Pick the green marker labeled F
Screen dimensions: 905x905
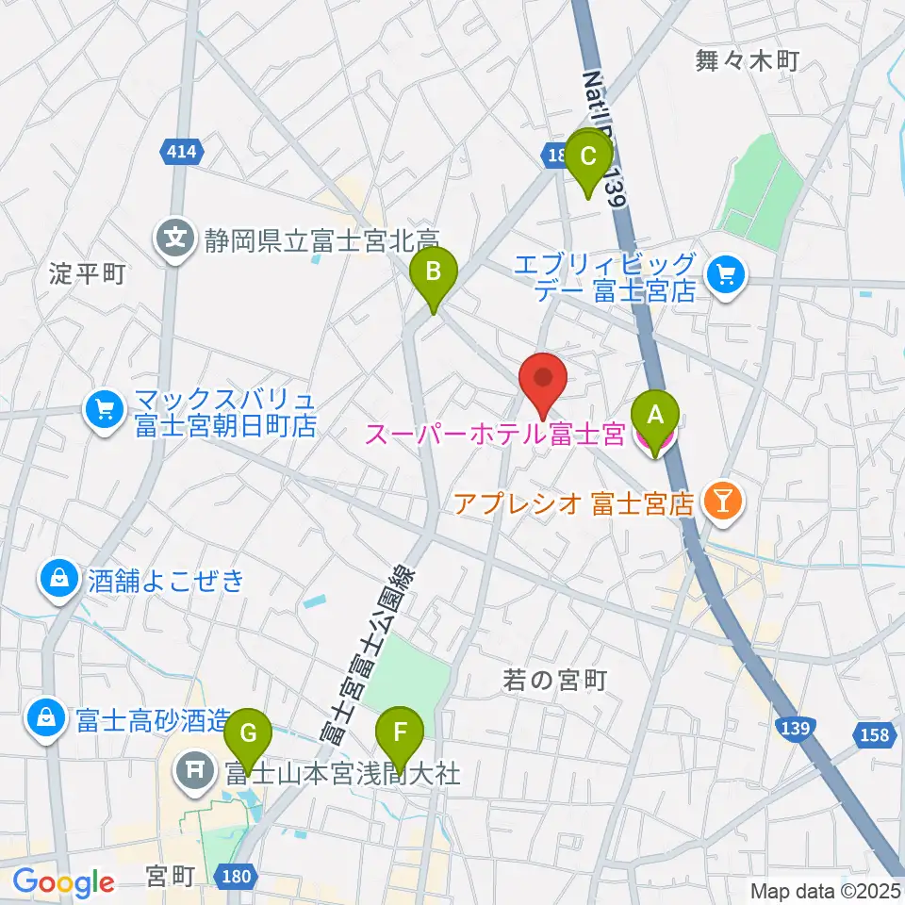click(400, 734)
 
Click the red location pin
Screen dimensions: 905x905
click(543, 379)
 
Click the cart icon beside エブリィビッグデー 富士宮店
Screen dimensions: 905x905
click(726, 275)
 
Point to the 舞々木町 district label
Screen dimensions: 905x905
click(747, 61)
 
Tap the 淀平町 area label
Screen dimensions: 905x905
click(87, 274)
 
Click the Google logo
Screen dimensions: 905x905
click(63, 882)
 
